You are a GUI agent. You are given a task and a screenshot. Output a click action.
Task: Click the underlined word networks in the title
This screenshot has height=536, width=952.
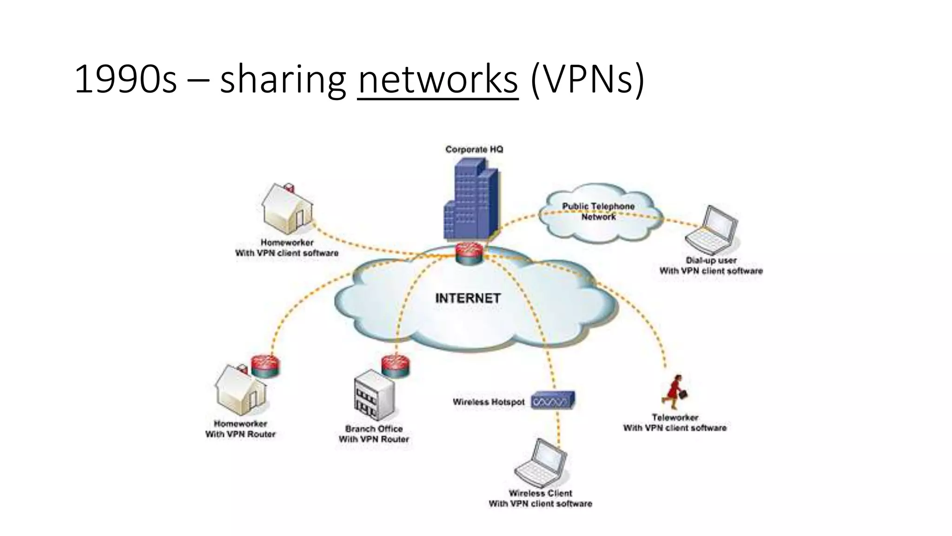click(437, 80)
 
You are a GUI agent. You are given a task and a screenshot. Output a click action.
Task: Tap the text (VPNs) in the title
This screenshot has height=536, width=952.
click(587, 80)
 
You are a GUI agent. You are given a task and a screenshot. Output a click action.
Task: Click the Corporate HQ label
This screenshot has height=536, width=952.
click(474, 149)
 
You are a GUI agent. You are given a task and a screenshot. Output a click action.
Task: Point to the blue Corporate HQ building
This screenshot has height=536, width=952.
click(470, 200)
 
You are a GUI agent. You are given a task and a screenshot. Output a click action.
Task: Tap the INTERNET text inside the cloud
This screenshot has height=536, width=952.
click(468, 298)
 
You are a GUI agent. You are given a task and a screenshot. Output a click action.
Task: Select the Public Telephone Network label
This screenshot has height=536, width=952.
click(598, 211)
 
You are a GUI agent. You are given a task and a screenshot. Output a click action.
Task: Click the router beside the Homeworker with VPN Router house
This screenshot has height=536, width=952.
click(265, 366)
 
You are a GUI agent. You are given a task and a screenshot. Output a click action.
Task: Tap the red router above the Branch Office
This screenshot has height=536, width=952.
click(396, 366)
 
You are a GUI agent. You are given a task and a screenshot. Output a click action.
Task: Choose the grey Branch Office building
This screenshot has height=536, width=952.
click(374, 395)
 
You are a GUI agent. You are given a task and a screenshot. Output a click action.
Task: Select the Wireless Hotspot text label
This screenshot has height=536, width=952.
click(489, 402)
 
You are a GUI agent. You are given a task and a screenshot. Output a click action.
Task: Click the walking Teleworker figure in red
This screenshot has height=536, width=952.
click(675, 392)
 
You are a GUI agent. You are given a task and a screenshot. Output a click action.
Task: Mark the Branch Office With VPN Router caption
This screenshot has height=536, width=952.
click(374, 434)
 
